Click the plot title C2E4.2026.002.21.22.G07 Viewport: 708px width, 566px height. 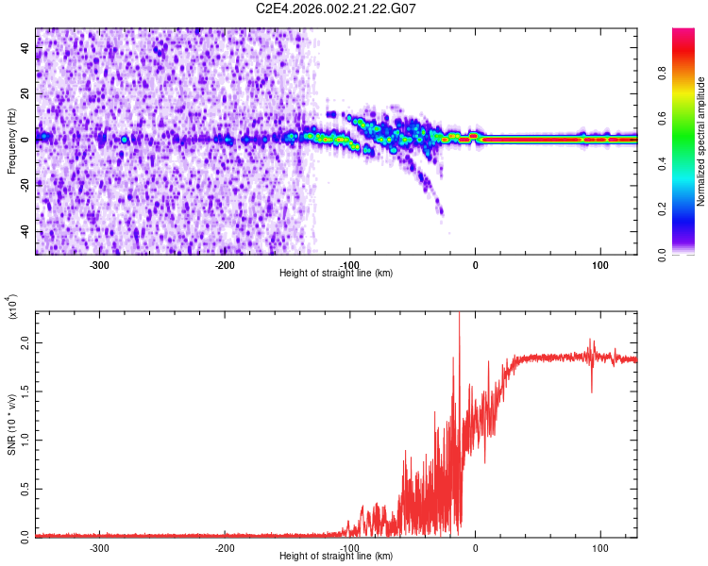336,8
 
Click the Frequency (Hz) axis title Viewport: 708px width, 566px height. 11,141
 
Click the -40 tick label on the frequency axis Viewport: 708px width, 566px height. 24,232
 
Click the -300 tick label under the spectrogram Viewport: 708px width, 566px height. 99,265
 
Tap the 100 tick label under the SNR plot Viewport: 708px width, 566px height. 599,548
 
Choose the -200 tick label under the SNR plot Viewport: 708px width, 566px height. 225,548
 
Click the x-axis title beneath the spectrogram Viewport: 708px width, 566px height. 336,274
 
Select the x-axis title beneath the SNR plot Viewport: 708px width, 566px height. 336,557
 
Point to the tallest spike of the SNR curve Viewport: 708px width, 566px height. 459,316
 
